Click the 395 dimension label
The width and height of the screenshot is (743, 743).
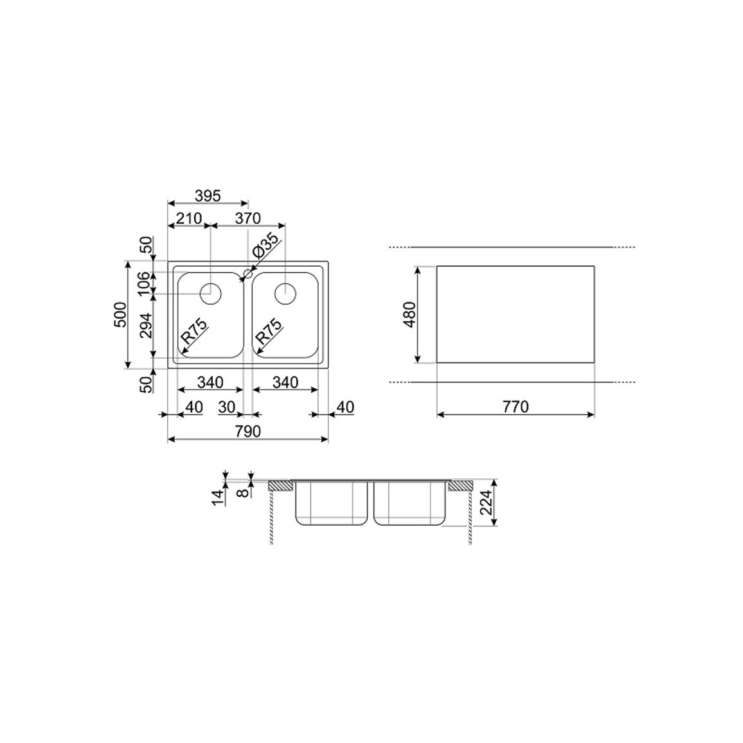pos(208,195)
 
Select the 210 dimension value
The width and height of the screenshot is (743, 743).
pos(188,219)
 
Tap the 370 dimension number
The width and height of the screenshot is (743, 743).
pos(248,218)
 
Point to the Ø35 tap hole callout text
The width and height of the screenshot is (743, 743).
pos(266,245)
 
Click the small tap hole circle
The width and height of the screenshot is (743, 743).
pos(248,273)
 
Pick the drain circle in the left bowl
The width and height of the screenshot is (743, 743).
pos(210,294)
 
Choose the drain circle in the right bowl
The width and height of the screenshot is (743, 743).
pos(285,294)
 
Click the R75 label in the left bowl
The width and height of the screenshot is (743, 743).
pos(195,330)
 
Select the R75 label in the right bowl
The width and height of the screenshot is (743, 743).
pos(269,330)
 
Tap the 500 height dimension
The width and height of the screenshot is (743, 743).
pos(120,314)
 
